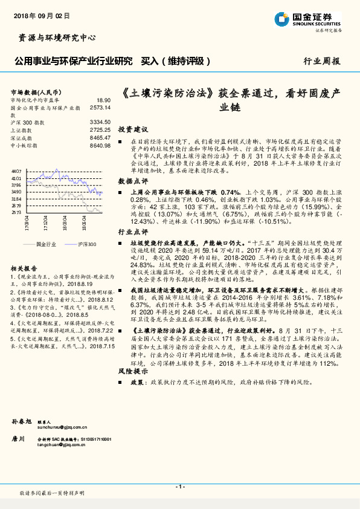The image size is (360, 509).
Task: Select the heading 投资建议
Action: [x=133, y=129]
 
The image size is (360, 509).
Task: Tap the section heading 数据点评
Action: [x=133, y=181]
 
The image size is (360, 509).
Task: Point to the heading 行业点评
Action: [x=133, y=232]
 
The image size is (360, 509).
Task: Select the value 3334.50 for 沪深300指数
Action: [x=99, y=122]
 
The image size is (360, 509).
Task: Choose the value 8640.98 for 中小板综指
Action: [x=99, y=145]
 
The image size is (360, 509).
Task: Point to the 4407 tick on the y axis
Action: [x=16, y=172]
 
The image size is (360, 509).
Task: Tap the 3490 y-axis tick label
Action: [x=16, y=192]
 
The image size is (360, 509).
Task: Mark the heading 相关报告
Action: [x=24, y=267]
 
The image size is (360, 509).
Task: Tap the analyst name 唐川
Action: [x=18, y=438]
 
